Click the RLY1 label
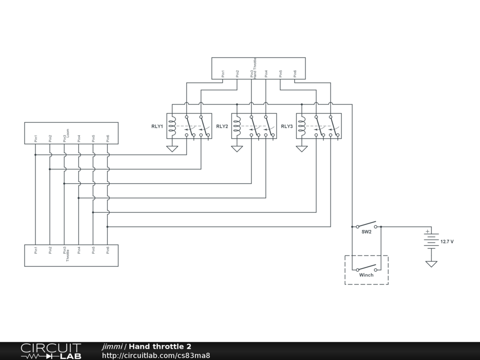tap(157, 127)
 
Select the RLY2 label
tap(222, 127)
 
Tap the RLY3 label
tap(287, 127)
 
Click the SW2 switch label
tap(366, 232)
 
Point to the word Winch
tap(366, 275)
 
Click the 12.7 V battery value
tap(447, 242)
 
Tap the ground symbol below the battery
tap(431, 263)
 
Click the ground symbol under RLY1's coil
tap(172, 149)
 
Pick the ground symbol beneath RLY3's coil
tap(302, 149)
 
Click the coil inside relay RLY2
tap(237, 126)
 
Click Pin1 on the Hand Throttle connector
tap(223, 74)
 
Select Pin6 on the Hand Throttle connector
tap(295, 74)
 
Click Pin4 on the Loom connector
tap(79, 138)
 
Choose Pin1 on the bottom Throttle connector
tap(36, 250)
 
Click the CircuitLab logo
tap(51, 351)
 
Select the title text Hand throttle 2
tap(160, 346)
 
